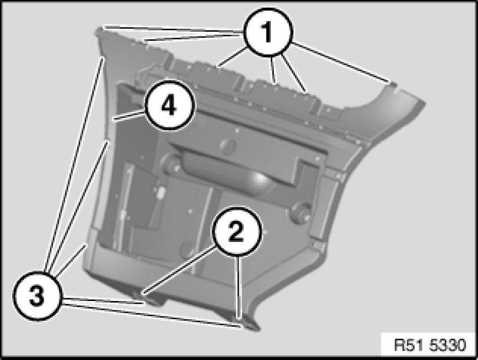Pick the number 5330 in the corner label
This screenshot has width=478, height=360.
coord(445,346)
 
